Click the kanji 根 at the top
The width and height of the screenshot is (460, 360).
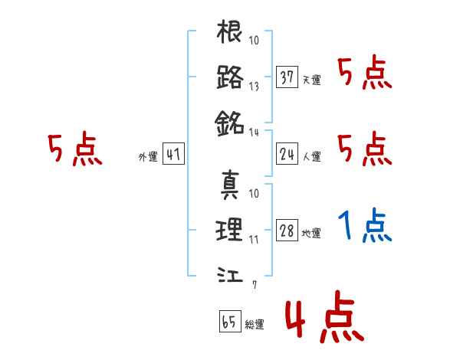(x=230, y=34)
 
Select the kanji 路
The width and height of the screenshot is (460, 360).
(x=230, y=77)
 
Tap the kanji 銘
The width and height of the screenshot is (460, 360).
(x=230, y=121)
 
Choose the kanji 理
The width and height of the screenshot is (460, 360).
(x=230, y=229)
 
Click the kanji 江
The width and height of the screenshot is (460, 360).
(x=230, y=273)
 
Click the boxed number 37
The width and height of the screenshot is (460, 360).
(x=287, y=77)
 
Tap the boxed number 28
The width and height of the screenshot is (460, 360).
(x=287, y=231)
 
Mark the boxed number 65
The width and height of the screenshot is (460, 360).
(x=228, y=322)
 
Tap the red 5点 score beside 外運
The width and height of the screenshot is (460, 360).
(x=74, y=149)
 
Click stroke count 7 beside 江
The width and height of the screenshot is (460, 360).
(x=255, y=286)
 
